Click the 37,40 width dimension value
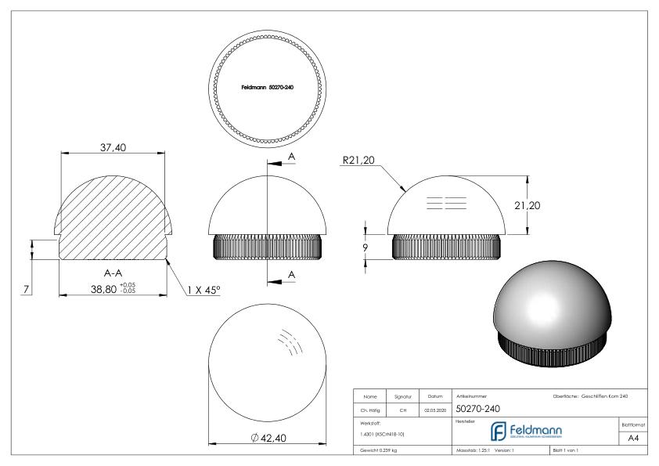point(115,150)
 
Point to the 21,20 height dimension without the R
point(548,205)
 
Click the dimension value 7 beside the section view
point(25,290)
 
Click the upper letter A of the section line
point(290,157)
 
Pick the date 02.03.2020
point(435,410)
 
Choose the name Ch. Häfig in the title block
point(373,410)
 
